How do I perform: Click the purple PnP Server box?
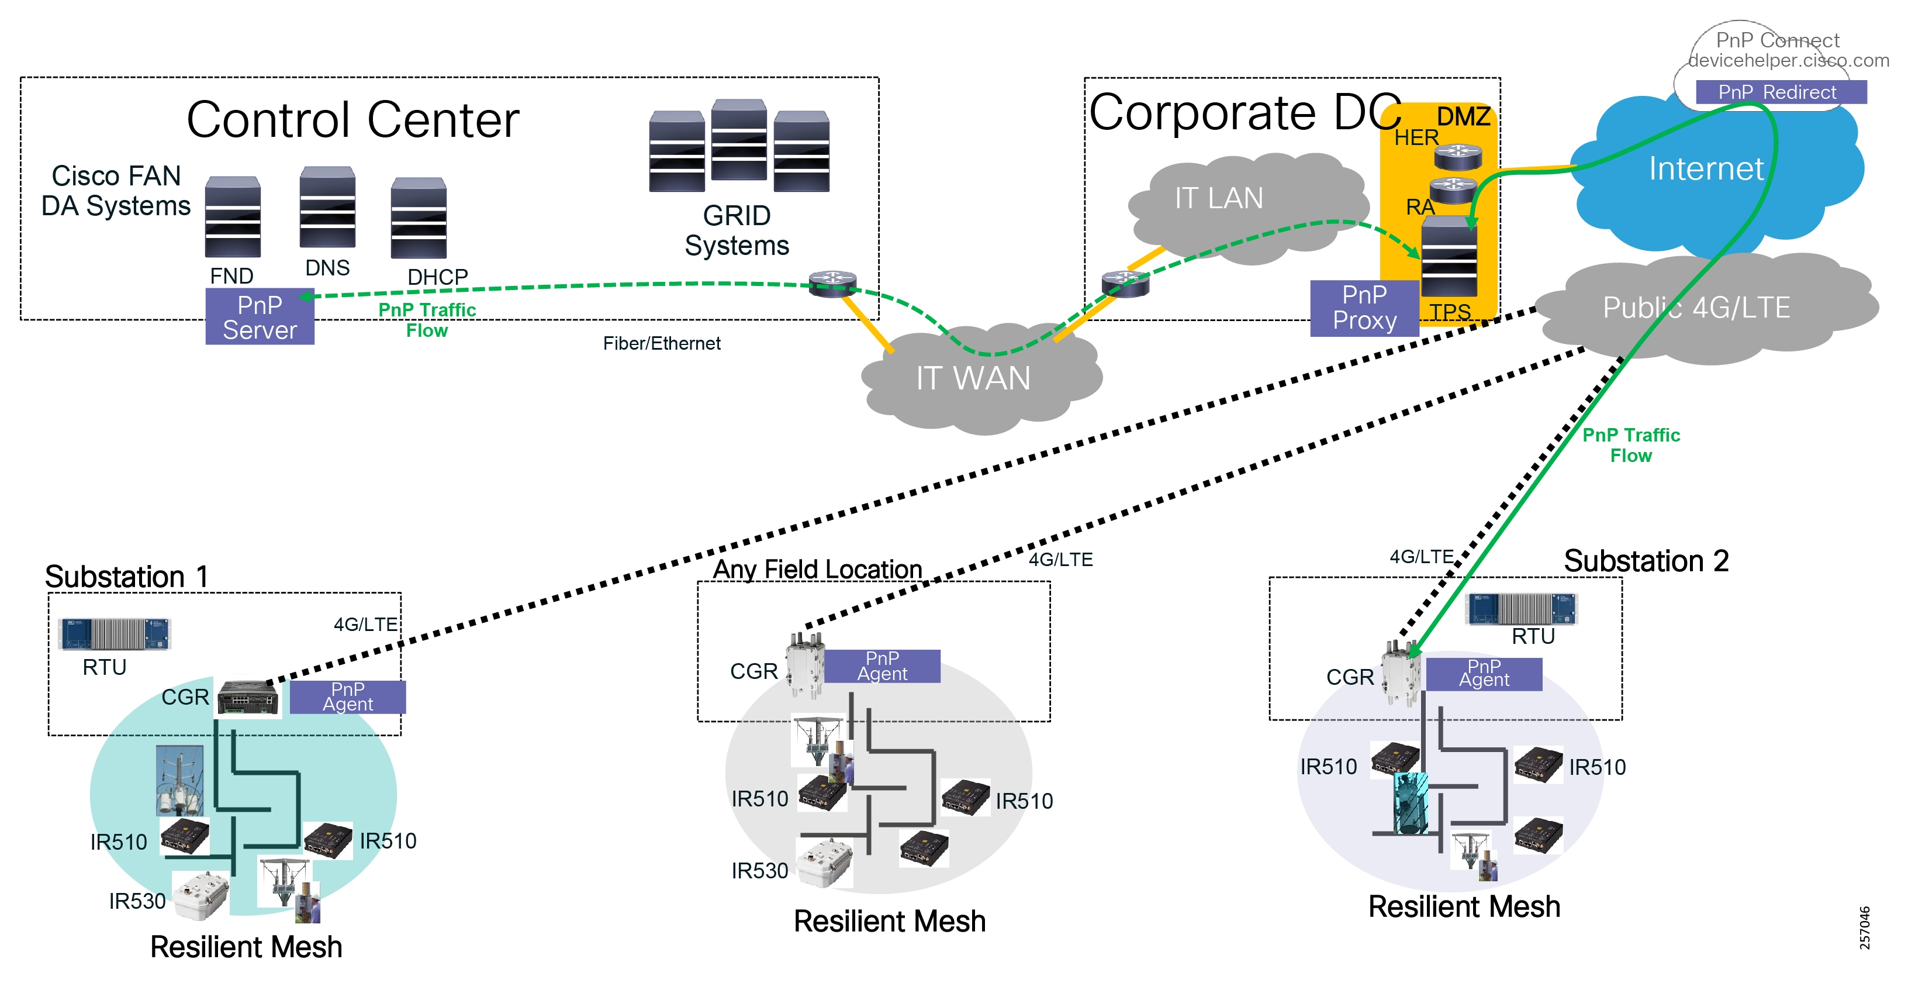260,317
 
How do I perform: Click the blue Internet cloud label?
1705,169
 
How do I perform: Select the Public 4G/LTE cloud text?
1696,308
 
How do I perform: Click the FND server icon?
233,217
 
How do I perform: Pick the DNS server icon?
327,208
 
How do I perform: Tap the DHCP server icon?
419,218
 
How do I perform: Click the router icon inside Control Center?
832,283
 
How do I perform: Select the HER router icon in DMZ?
1457,157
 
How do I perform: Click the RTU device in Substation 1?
115,633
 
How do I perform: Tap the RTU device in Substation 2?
1520,608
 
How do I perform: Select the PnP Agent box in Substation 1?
347,696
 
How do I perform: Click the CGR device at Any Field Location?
806,665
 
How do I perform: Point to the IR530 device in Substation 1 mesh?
200,896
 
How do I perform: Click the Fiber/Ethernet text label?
661,343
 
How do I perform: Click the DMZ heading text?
1463,117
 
